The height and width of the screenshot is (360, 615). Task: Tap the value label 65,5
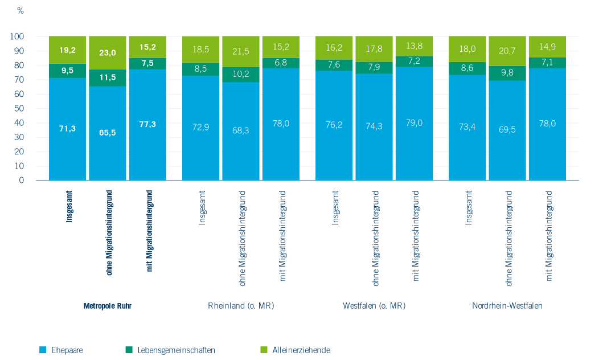(107, 133)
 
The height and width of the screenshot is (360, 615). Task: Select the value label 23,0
(107, 53)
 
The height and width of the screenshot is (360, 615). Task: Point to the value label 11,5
(107, 77)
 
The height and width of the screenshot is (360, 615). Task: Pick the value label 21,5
(240, 52)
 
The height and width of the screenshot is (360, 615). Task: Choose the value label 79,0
(413, 122)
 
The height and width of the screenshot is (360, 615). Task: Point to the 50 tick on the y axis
(18, 108)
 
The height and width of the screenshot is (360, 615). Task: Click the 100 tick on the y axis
(17, 36)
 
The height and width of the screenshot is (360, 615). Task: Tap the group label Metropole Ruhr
(108, 306)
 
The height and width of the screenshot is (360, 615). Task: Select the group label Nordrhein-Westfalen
(507, 306)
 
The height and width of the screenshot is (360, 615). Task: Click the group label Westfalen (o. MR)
(374, 306)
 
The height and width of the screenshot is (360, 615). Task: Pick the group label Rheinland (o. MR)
(241, 306)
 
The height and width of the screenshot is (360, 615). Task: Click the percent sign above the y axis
(20, 11)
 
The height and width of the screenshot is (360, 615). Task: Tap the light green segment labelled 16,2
(334, 48)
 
